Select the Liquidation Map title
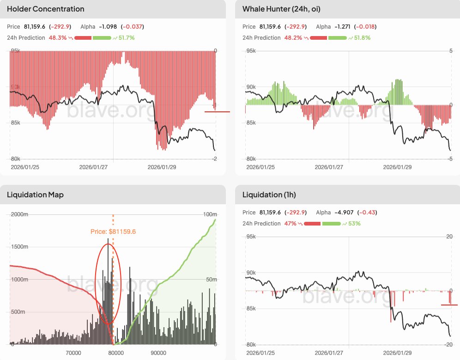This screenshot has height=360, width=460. [x=35, y=195]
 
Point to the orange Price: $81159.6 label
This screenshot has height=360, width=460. [x=113, y=232]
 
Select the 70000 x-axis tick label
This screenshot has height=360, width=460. [x=71, y=353]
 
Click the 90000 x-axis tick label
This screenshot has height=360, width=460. [x=158, y=353]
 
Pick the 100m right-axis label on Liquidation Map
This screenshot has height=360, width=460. [x=210, y=214]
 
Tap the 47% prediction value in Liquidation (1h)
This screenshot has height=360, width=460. [x=291, y=224]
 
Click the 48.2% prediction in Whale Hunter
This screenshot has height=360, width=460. [x=293, y=38]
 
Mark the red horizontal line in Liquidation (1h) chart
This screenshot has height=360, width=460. [x=449, y=305]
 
